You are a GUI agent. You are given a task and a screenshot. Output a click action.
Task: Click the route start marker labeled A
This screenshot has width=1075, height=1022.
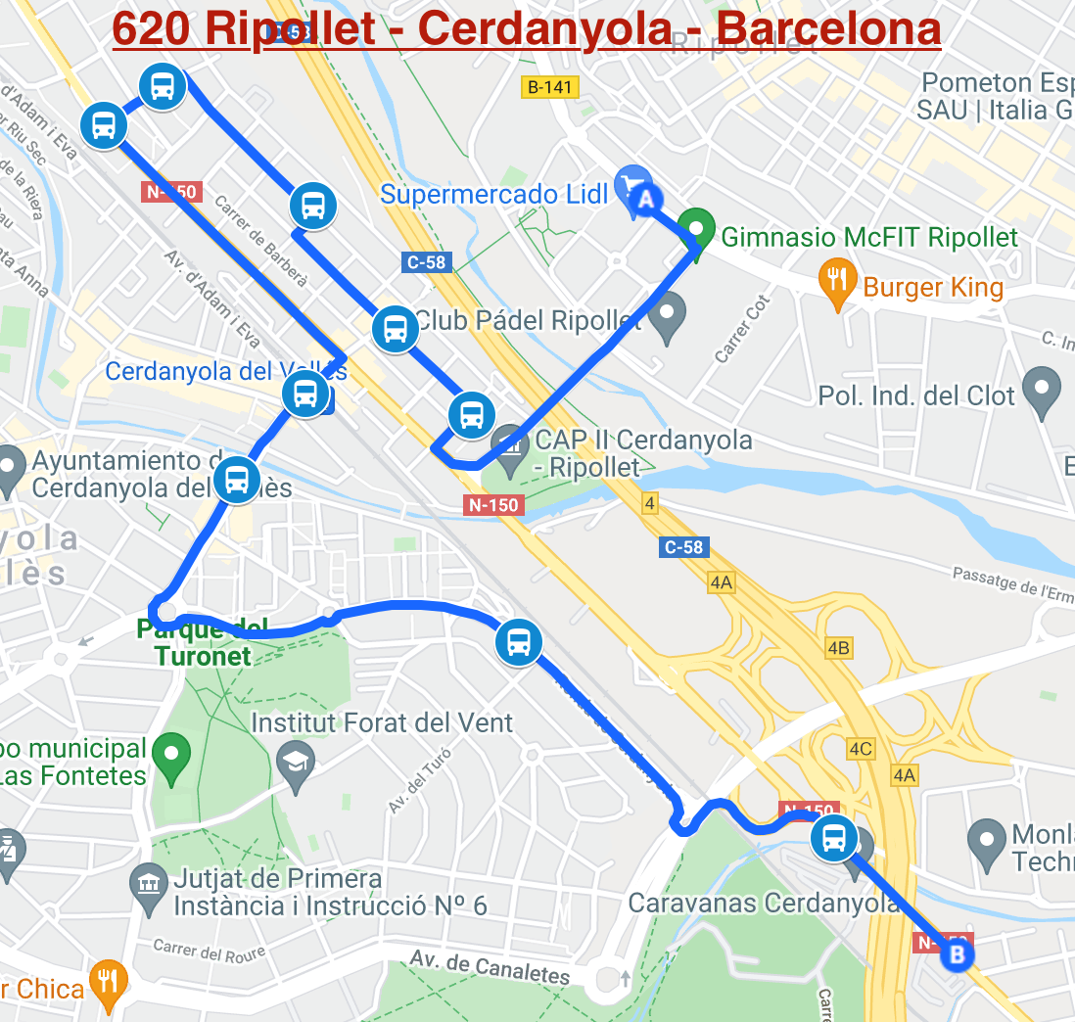[x=644, y=200]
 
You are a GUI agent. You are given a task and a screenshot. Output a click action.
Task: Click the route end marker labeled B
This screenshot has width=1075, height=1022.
[x=957, y=952]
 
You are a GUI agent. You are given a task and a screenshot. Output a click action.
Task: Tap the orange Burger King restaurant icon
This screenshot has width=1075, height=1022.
[x=837, y=284]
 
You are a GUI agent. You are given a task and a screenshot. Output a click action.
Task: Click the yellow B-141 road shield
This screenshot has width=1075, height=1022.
[x=549, y=87]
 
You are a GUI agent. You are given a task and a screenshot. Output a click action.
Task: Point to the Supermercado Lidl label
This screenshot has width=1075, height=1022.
[x=494, y=194]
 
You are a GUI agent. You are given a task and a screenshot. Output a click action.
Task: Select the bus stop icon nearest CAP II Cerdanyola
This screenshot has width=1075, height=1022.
[x=471, y=415]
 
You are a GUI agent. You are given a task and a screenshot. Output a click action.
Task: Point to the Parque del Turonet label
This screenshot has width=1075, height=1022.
[x=194, y=642]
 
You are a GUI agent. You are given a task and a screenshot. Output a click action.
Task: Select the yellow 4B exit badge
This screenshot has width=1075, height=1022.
[x=838, y=647]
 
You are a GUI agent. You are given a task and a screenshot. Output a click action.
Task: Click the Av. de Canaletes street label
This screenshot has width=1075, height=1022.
[x=490, y=966]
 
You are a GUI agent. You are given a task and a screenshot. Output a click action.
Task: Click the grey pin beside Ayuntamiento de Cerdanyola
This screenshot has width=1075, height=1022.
[x=10, y=469]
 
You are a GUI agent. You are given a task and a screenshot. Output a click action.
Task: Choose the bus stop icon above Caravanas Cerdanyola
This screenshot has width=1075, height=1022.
[x=833, y=839]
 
